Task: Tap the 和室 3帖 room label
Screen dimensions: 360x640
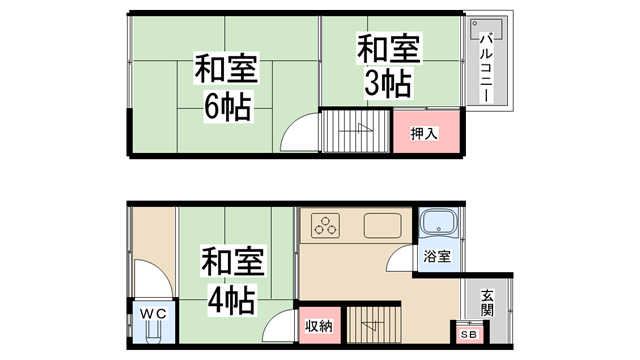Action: [x=384, y=66]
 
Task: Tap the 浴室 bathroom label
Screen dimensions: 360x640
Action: [x=436, y=256]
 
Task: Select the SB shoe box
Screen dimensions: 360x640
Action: [x=467, y=334]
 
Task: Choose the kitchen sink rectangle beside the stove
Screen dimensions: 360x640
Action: [x=382, y=225]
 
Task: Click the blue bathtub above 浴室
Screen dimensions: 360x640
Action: [x=437, y=225]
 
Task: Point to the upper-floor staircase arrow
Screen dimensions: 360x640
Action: [x=355, y=129]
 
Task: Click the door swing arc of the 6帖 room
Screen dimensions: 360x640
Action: [x=298, y=136]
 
